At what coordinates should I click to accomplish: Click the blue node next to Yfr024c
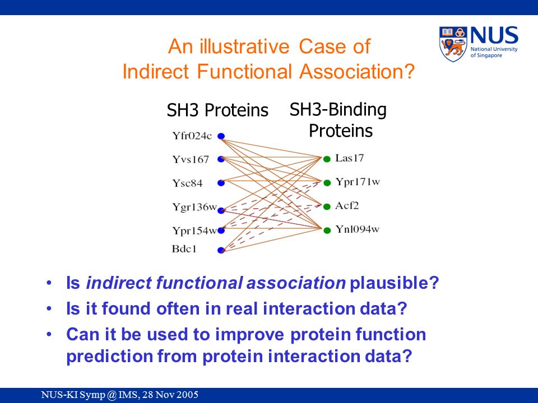pyautogui.click(x=221, y=136)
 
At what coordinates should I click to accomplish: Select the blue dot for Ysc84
pyautogui.click(x=221, y=183)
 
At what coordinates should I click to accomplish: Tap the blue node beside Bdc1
pyautogui.click(x=221, y=250)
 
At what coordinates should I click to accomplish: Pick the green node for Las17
pyautogui.click(x=327, y=158)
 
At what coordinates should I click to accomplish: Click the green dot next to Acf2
pyautogui.click(x=327, y=207)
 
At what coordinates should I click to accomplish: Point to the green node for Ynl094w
pyautogui.click(x=327, y=230)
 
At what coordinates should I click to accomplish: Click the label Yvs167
pyautogui.click(x=191, y=160)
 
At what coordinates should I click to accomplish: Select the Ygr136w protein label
pyautogui.click(x=194, y=207)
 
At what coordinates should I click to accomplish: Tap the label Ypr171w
pyautogui.click(x=358, y=181)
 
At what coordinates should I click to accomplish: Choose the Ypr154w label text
pyautogui.click(x=194, y=231)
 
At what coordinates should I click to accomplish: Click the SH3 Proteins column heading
pyautogui.click(x=217, y=110)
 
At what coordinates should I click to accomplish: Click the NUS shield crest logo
pyautogui.click(x=453, y=44)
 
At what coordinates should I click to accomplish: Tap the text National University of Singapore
pyautogui.click(x=494, y=52)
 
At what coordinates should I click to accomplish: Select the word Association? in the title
pyautogui.click(x=357, y=72)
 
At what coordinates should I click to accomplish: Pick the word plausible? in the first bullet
pyautogui.click(x=394, y=283)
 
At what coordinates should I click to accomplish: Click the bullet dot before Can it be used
pyautogui.click(x=49, y=335)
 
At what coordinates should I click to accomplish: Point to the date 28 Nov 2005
pyautogui.click(x=170, y=395)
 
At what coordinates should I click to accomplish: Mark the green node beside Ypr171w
pyautogui.click(x=327, y=182)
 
